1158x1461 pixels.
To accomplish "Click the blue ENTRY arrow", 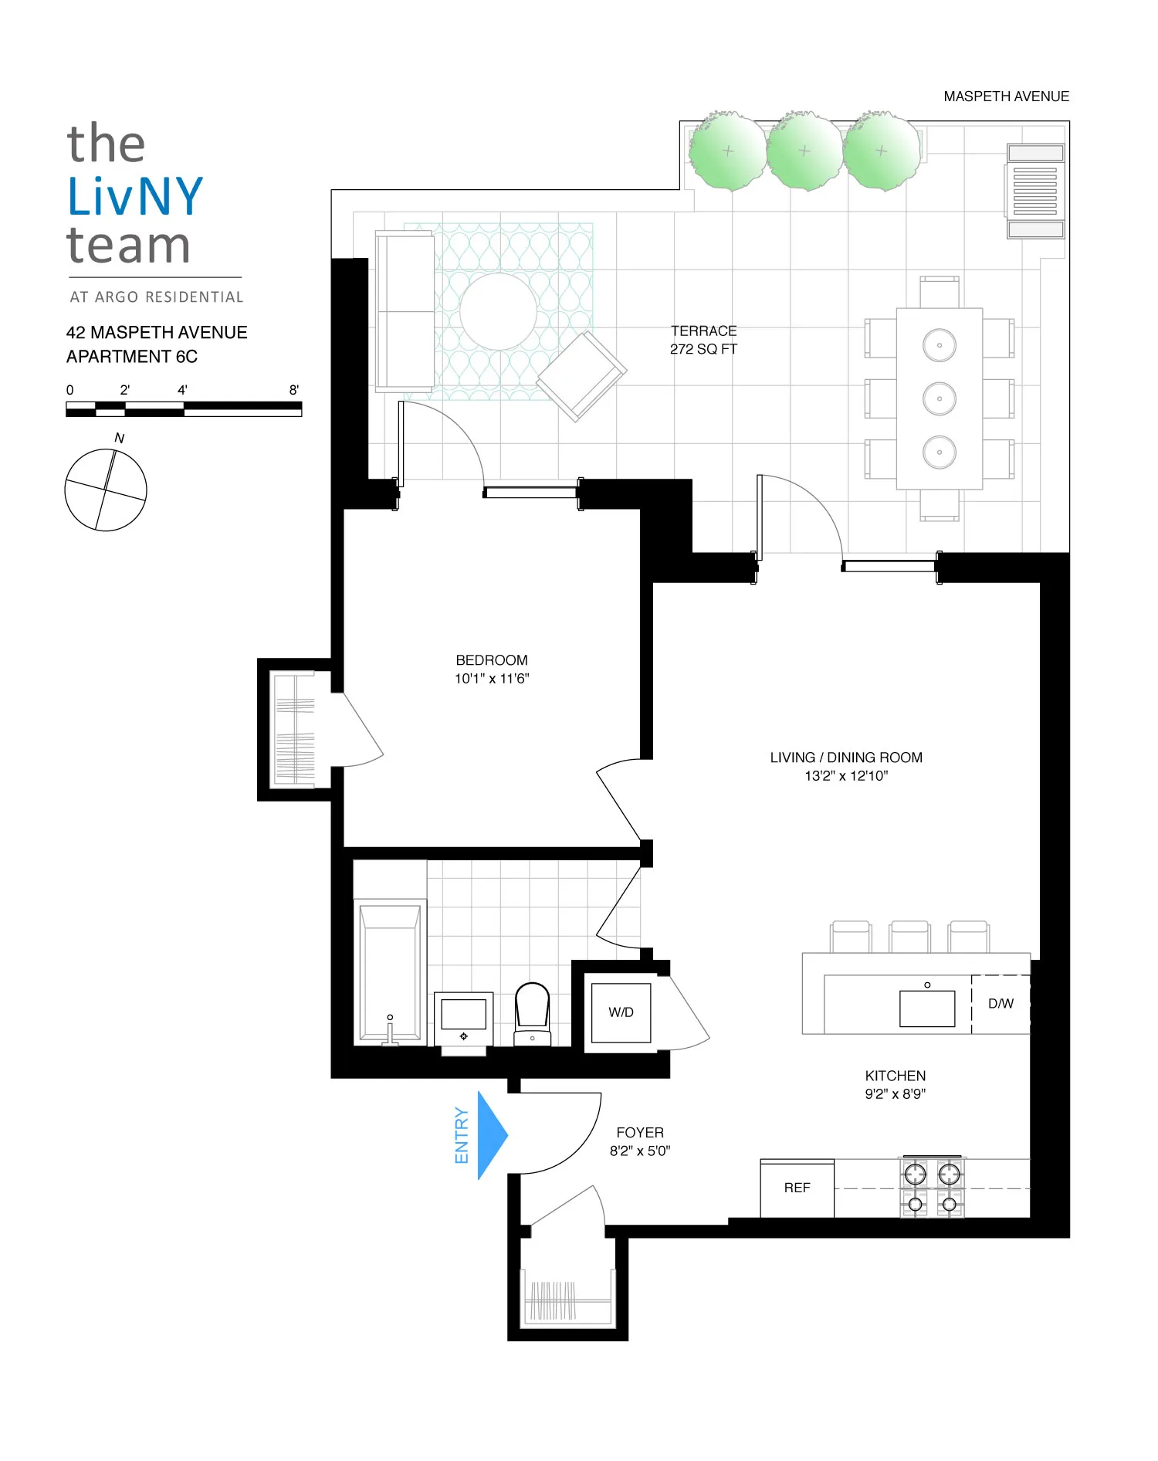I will pyautogui.click(x=490, y=1135).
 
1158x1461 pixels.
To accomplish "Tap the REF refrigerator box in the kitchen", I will pyautogui.click(x=797, y=1188).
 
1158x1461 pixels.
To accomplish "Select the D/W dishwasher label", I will pyautogui.click(x=1001, y=1003).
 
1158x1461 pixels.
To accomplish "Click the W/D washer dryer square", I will pyautogui.click(x=621, y=1012).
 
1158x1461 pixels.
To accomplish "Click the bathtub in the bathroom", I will pyautogui.click(x=391, y=973).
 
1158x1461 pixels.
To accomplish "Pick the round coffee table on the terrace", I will pyautogui.click(x=498, y=313).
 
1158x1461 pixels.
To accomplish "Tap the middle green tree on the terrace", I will pyautogui.click(x=804, y=151).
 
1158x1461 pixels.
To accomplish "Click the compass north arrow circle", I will pyautogui.click(x=106, y=490).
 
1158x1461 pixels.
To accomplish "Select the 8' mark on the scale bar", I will pyautogui.click(x=294, y=390).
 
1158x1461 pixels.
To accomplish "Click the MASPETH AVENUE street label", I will pyautogui.click(x=1006, y=97).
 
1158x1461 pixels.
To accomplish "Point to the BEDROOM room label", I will pyautogui.click(x=492, y=660).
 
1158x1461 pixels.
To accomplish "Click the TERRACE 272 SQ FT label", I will pyautogui.click(x=703, y=340).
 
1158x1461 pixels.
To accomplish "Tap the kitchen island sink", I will pyautogui.click(x=927, y=1008).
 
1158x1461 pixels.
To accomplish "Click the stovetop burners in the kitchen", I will pyautogui.click(x=932, y=1188).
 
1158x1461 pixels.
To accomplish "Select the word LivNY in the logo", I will pyautogui.click(x=135, y=196).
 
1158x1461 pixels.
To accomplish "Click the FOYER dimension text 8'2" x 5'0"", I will pyautogui.click(x=640, y=1151).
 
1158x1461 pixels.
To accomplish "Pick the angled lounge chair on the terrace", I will pyautogui.click(x=581, y=376).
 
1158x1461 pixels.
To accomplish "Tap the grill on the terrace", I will pyautogui.click(x=1035, y=191).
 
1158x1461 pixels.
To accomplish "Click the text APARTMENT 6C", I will pyautogui.click(x=132, y=357).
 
